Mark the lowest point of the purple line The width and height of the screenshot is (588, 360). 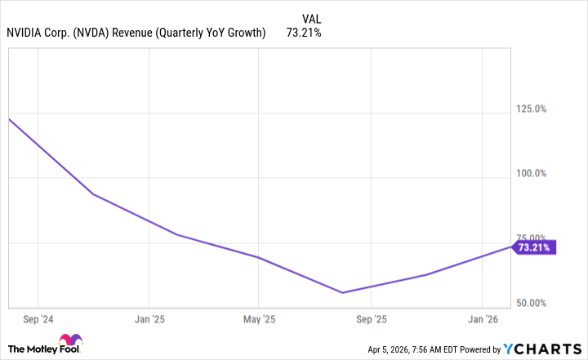(x=342, y=292)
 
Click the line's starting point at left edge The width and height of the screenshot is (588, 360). (x=8, y=119)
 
